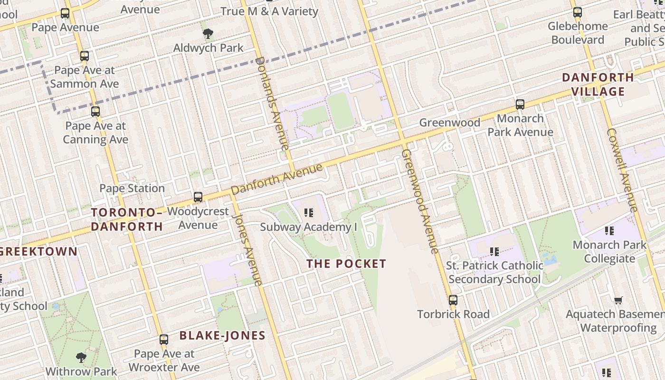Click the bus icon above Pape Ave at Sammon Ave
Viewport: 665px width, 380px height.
[x=85, y=56]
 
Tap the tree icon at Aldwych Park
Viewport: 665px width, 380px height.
[x=208, y=33]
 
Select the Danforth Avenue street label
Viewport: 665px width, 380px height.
[x=277, y=179]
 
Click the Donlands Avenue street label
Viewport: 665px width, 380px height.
[x=272, y=103]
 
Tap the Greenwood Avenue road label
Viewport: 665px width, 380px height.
[x=420, y=201]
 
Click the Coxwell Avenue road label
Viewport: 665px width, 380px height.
[x=622, y=171]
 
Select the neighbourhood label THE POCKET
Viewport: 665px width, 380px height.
[x=346, y=264]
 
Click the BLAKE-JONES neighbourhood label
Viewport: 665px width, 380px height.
[x=222, y=336]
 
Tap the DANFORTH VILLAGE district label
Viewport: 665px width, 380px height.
[x=598, y=84]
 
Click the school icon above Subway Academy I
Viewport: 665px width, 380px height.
[x=309, y=213]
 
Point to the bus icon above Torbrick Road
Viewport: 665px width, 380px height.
[x=453, y=300]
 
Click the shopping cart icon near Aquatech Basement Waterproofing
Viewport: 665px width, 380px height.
[x=618, y=300]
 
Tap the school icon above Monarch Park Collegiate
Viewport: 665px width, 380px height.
[x=609, y=231]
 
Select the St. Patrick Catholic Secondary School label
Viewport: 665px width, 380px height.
[x=494, y=272]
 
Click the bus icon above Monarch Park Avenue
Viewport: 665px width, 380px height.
[x=520, y=104]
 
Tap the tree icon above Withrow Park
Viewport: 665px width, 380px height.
[x=81, y=357]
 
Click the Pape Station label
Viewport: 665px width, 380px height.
[x=132, y=189]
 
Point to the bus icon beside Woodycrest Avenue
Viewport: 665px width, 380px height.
[x=198, y=197]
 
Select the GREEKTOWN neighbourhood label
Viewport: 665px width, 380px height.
[x=38, y=252]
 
